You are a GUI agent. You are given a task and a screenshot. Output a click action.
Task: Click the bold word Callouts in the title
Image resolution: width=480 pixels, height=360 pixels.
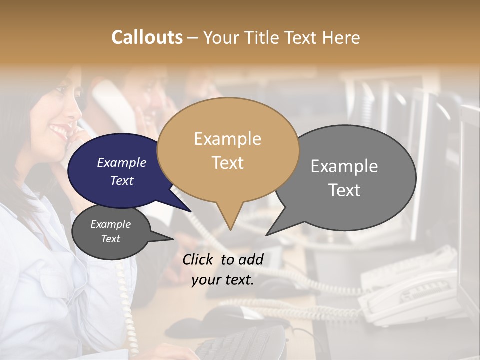(x=147, y=37)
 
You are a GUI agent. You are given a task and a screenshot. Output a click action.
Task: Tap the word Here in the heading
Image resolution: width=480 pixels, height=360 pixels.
(x=342, y=37)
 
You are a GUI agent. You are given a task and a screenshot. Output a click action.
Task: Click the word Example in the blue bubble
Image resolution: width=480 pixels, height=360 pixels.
(x=122, y=162)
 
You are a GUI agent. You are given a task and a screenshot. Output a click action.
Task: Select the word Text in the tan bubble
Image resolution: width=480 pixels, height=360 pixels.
(x=228, y=163)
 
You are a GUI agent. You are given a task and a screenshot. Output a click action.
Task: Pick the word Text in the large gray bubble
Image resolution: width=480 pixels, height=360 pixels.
(x=344, y=190)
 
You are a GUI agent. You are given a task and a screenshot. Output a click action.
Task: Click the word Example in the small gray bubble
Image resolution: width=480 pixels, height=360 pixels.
(x=111, y=224)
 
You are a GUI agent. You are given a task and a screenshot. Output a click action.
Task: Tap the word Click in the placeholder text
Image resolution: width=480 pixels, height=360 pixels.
(x=198, y=259)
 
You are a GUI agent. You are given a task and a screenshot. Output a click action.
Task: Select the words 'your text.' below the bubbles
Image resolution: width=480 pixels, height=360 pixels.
(x=223, y=280)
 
